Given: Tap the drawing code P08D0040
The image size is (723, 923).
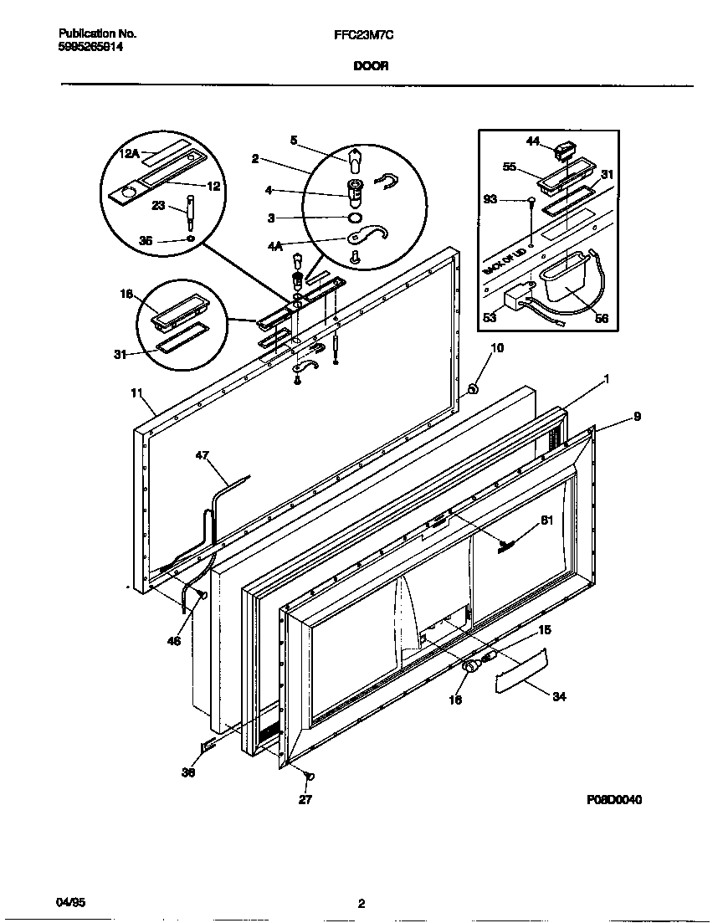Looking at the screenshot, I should coord(614,799).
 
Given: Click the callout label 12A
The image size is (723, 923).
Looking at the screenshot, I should coord(129,153).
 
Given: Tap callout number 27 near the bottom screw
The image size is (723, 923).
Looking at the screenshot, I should coord(305,799).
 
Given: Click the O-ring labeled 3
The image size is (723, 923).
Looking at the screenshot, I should coord(355,218).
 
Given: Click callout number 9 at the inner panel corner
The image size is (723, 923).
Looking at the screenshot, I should coord(637,415).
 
